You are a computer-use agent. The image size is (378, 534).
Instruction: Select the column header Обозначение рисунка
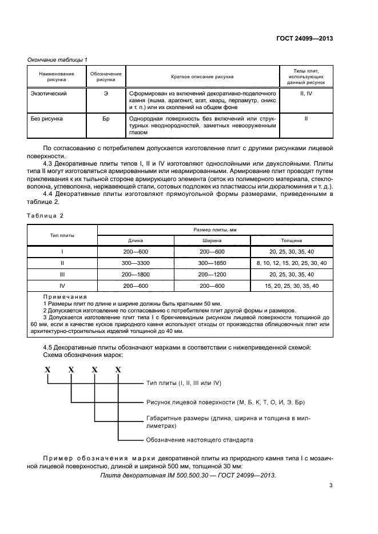coord(106,77)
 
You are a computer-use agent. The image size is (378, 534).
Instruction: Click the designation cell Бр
coord(106,119)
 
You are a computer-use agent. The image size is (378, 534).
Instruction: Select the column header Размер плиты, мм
coord(212,230)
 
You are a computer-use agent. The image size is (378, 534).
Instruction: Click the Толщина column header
coord(291,241)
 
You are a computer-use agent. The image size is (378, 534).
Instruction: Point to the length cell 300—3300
coord(136,263)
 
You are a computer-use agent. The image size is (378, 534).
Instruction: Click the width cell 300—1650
coord(212,263)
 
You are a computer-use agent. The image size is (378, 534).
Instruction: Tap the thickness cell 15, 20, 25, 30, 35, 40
coord(292,285)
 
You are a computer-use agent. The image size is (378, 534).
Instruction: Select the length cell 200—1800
coord(136,274)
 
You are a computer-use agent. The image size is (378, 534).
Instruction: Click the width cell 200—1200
coord(212,274)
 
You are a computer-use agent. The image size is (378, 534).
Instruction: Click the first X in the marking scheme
coord(49,370)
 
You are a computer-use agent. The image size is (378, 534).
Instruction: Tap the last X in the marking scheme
coord(118,370)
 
